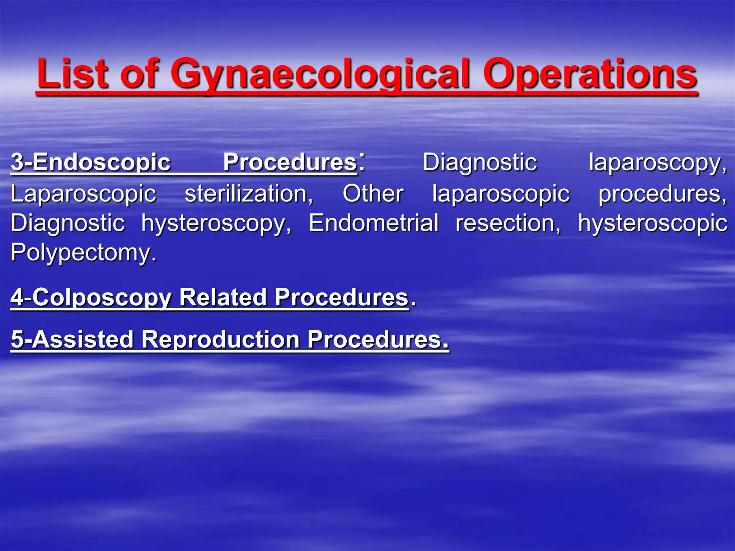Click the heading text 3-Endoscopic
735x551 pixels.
click(90, 163)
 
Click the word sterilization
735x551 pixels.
click(249, 194)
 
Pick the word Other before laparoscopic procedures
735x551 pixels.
click(373, 194)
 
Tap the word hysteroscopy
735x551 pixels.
click(216, 223)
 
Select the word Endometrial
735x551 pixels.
click(374, 223)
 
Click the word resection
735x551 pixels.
click(508, 223)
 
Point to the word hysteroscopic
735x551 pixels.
click(652, 223)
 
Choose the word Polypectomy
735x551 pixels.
click(83, 253)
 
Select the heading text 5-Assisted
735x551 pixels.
click(72, 339)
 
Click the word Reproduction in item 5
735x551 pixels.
click(220, 339)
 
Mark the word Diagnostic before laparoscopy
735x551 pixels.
click(479, 163)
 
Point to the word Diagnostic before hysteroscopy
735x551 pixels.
click(67, 223)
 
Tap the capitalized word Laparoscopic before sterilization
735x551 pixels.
click(83, 194)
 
